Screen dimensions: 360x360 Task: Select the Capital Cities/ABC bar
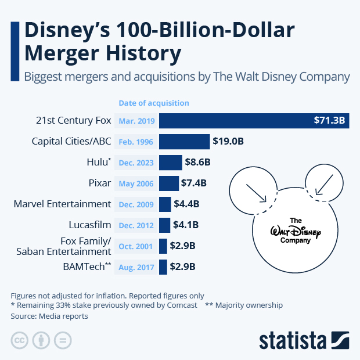coord(184,142)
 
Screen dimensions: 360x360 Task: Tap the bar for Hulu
coord(170,163)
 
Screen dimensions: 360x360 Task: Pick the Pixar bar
coord(168,183)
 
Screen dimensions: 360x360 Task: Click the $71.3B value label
coord(329,121)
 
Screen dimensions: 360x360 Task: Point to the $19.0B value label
coord(228,142)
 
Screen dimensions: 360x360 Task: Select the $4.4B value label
coord(186,204)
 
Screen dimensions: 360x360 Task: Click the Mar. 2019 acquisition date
coord(137,121)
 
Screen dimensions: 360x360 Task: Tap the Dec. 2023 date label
coord(137,163)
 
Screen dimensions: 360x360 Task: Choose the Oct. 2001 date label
coord(137,246)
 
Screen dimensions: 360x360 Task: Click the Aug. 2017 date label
coord(137,267)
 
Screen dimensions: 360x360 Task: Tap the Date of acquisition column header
coord(154,103)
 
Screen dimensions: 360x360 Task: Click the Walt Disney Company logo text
coord(296,231)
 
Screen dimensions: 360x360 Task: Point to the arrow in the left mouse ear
coord(256,193)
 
